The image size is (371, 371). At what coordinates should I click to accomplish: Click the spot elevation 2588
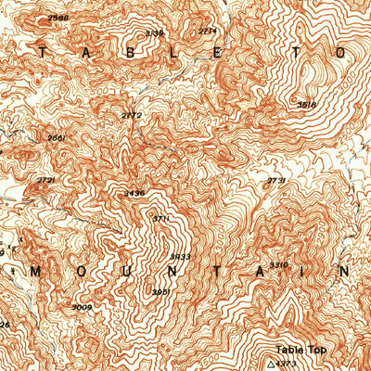pyautogui.click(x=58, y=18)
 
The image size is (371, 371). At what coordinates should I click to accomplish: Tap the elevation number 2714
pyautogui.click(x=208, y=31)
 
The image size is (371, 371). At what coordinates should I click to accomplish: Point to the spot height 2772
pyautogui.click(x=132, y=115)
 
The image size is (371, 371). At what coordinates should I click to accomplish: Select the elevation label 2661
pyautogui.click(x=56, y=137)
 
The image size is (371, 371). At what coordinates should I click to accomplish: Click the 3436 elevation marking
pyautogui.click(x=134, y=193)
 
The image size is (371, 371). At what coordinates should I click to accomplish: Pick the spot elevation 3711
pyautogui.click(x=160, y=219)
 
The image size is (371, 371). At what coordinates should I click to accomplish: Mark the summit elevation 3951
pyautogui.click(x=160, y=290)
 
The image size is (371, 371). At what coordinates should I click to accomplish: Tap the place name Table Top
pyautogui.click(x=301, y=350)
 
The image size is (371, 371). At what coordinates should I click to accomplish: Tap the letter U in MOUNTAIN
pyautogui.click(x=124, y=271)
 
